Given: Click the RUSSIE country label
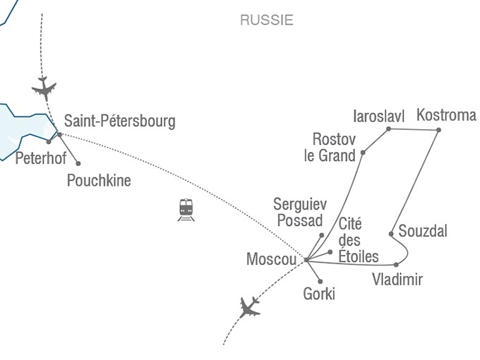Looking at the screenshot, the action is click(266, 20).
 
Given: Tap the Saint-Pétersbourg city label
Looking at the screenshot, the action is click(119, 121).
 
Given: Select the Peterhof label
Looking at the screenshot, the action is click(40, 157).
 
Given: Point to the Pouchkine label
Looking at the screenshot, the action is click(99, 181).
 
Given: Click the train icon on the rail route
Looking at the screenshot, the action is click(186, 209).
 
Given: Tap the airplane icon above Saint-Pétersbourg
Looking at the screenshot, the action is click(44, 89).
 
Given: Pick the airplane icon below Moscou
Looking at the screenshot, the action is click(249, 307).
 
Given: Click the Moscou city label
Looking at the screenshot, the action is click(271, 260).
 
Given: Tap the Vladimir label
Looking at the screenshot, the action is click(397, 280).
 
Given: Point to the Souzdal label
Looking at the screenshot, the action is click(423, 231).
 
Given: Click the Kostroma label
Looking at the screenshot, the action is click(446, 114).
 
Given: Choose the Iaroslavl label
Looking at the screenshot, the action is click(378, 115).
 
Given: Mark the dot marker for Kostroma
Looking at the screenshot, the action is click(438, 131).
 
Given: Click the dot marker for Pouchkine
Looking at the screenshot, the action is click(78, 164).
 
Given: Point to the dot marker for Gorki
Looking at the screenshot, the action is click(320, 282).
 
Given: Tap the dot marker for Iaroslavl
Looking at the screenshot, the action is click(389, 129).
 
